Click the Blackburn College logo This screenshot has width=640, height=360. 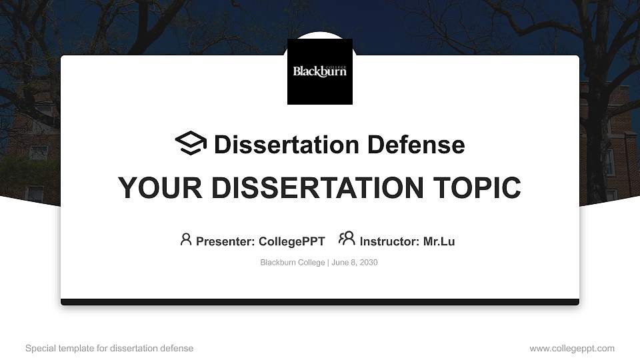(320, 71)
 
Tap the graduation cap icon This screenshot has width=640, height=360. (191, 143)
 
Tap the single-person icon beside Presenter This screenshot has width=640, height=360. (186, 239)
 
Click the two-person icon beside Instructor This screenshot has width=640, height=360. (347, 239)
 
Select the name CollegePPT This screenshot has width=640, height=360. (291, 241)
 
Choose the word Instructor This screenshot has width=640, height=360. (389, 241)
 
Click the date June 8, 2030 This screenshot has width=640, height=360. (355, 263)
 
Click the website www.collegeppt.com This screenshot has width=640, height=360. (572, 348)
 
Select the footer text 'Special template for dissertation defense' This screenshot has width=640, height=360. (109, 348)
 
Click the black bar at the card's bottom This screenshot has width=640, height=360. (320, 302)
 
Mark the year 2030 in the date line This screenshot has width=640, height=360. (368, 263)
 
